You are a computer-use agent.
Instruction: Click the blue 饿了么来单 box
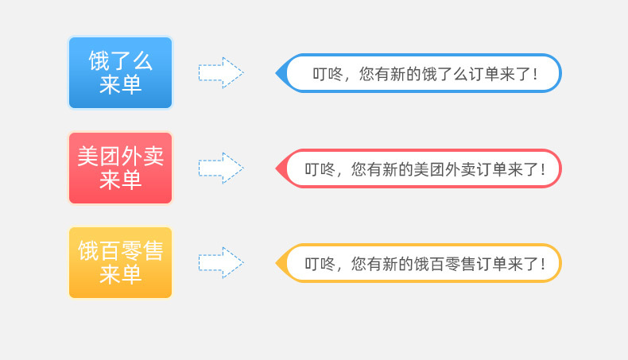coord(120,72)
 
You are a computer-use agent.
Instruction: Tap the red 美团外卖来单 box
coord(120,168)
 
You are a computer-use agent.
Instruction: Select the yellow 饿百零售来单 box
coord(120,263)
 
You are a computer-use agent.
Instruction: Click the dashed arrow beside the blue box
coord(221,72)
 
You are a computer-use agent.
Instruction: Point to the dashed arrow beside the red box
coord(221,168)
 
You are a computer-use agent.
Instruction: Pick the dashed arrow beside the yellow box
coord(221,263)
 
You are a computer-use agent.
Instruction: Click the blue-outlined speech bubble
coord(421,73)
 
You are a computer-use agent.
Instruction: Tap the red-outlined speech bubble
coord(421,168)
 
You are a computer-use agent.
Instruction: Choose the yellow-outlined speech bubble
coord(421,263)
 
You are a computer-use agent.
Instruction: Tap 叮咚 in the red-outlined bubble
coord(320,169)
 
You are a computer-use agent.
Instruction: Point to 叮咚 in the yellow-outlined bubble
coord(320,264)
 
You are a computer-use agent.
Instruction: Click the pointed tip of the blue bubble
coord(278,73)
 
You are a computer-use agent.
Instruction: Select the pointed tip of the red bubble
coord(278,168)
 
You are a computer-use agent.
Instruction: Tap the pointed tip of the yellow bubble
coord(278,263)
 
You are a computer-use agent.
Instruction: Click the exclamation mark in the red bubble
coord(542,169)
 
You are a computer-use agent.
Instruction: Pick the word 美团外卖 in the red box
coord(120,157)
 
